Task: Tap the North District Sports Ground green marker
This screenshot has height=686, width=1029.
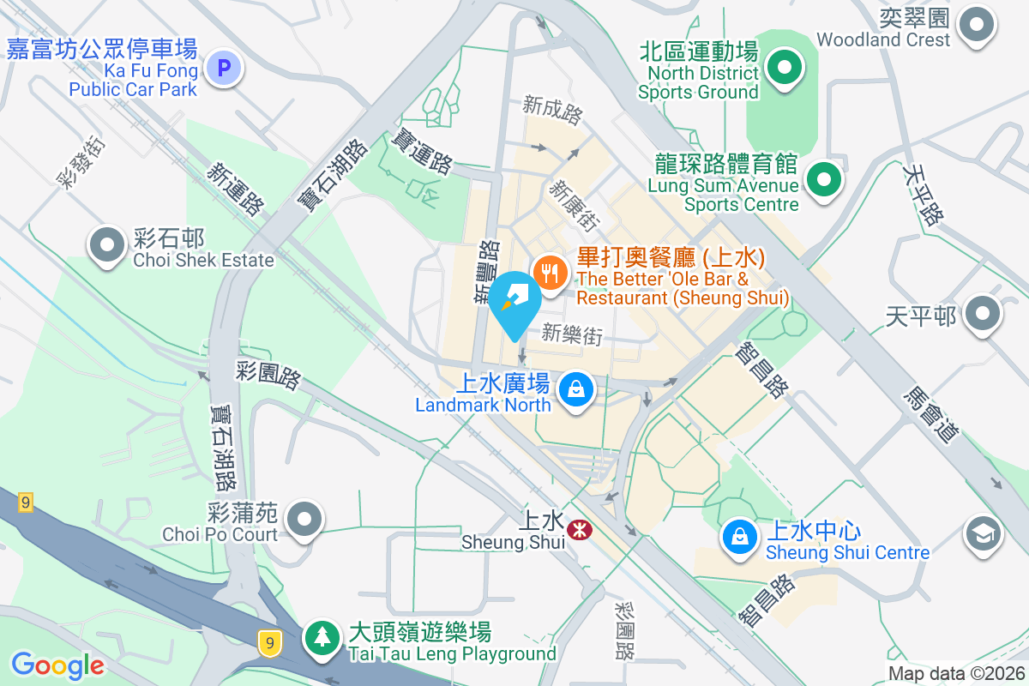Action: point(783,67)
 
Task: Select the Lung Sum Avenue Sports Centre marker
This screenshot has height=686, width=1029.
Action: point(824,180)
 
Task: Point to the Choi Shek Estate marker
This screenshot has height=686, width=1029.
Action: point(107,245)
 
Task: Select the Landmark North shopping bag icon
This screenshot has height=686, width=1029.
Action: point(577,390)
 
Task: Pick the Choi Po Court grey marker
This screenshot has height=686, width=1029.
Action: point(303,520)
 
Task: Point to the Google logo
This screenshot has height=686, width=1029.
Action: point(57,665)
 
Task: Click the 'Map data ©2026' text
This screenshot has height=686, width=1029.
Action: point(955,674)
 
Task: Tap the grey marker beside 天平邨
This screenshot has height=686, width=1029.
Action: point(983,314)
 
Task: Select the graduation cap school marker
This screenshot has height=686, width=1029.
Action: point(983,534)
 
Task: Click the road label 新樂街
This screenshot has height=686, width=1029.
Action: point(572,334)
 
